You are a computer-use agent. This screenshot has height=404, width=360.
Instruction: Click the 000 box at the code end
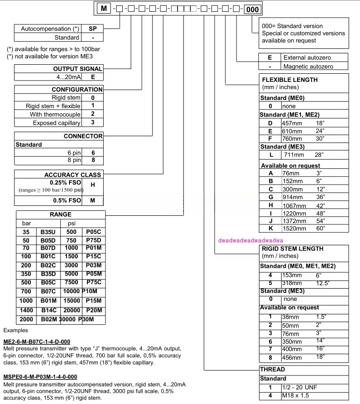click(x=252, y=9)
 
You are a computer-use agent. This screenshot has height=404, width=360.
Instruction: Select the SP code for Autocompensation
click(x=92, y=29)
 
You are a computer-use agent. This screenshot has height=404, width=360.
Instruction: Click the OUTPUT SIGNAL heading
click(x=78, y=68)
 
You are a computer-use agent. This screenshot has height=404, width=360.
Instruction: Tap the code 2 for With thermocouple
click(x=92, y=114)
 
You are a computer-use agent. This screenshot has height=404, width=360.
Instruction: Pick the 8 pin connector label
click(x=74, y=160)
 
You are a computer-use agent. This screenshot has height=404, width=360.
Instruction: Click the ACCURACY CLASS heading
click(x=72, y=175)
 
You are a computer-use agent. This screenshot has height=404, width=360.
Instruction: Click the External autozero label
click(x=307, y=58)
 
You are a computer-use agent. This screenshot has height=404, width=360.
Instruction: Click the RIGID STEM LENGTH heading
click(x=293, y=248)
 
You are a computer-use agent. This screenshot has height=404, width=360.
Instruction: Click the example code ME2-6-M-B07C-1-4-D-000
click(x=37, y=341)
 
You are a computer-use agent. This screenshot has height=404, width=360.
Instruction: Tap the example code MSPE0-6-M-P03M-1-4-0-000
click(x=40, y=376)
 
